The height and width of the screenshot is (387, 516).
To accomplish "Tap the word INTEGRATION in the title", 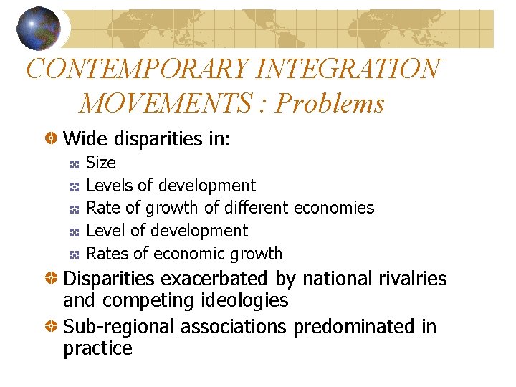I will [348, 69].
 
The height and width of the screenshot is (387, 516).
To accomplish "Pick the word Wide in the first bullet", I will [84, 138].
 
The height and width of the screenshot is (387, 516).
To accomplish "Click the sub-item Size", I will [100, 163].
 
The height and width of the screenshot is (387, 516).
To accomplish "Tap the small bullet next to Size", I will [74, 164].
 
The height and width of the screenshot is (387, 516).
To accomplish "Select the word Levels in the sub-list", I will [109, 186].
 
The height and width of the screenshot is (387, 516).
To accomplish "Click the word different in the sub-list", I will [255, 208].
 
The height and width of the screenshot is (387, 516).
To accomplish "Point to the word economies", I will [333, 209].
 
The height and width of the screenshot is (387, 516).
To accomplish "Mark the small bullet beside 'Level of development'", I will [74, 231].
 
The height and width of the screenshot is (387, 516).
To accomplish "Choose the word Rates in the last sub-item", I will [107, 253].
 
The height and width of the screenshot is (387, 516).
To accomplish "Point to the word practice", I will [97, 349].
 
